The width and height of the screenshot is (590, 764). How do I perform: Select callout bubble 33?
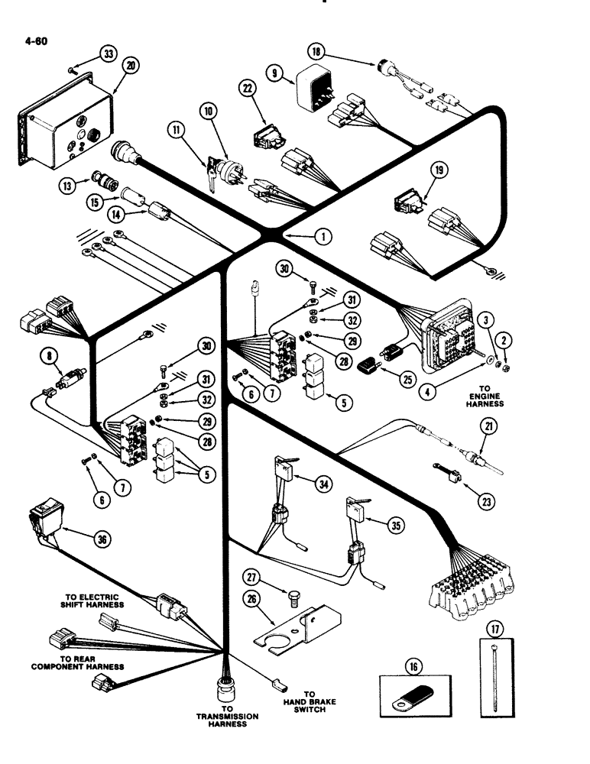[x=109, y=53]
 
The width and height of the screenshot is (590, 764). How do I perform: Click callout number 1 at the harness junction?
[x=326, y=237]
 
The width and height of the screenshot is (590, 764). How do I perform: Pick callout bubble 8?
[x=50, y=354]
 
